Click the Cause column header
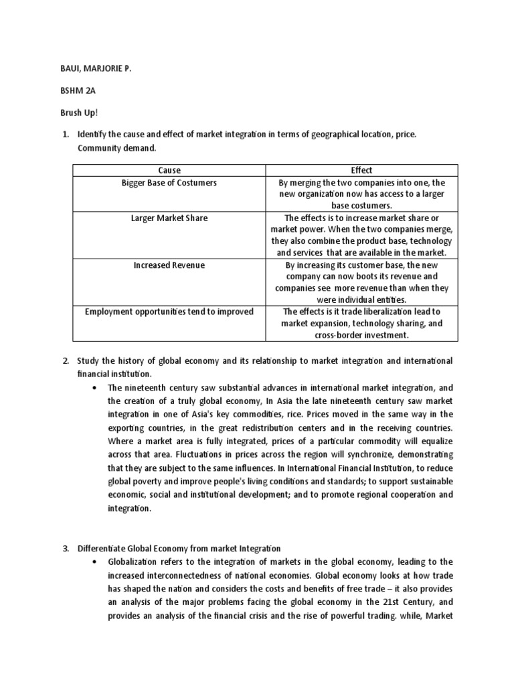tap(169, 170)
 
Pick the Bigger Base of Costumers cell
tap(169, 182)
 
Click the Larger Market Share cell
tap(169, 218)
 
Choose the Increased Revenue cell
tap(169, 265)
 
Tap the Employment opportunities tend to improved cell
tap(169, 312)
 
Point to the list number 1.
tap(66, 134)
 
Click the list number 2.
tap(66, 360)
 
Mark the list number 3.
tap(66, 549)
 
